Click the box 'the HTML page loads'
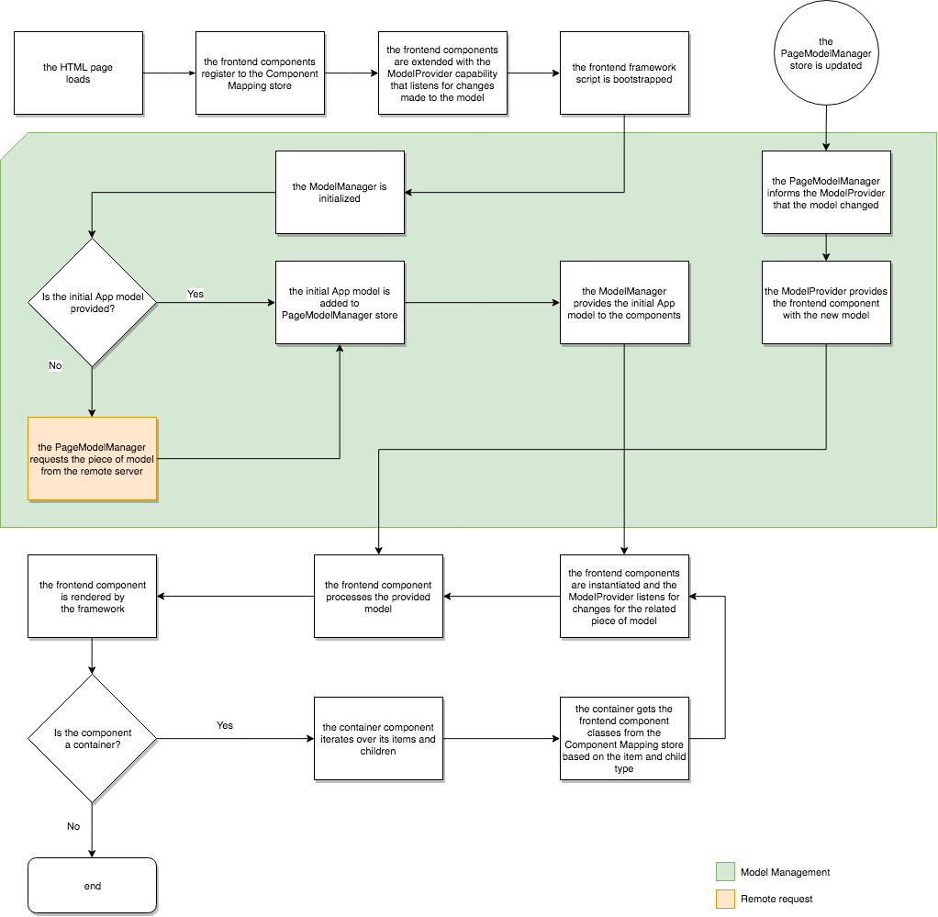click(x=78, y=73)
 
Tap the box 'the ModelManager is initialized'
click(x=340, y=193)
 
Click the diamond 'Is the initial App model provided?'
click(x=92, y=303)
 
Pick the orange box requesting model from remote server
click(x=92, y=458)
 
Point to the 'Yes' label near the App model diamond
click(x=195, y=295)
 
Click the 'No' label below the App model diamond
click(x=55, y=365)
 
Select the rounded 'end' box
click(x=92, y=886)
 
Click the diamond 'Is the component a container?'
click(x=92, y=739)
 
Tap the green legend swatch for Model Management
click(x=724, y=872)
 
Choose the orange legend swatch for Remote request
click(x=724, y=899)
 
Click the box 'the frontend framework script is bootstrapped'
click(x=624, y=73)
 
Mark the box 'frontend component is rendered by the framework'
click(x=92, y=597)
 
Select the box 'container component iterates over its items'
click(x=378, y=739)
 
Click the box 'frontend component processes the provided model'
click(x=378, y=597)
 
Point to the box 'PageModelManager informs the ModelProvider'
click(x=826, y=193)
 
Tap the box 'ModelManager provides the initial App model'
click(x=624, y=303)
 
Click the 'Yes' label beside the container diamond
click(x=225, y=725)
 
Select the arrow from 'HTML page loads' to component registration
click(x=169, y=73)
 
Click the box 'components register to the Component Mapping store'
click(x=260, y=73)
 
